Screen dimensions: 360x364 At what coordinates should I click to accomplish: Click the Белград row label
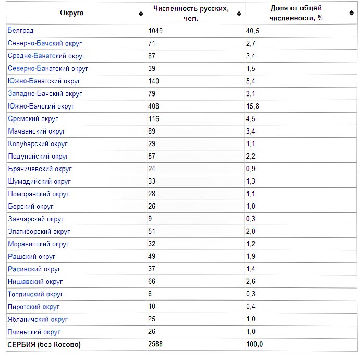20,31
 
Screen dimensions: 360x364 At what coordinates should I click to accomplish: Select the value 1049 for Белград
155,31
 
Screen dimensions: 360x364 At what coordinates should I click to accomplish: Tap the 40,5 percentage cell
253,31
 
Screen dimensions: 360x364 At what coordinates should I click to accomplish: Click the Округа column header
71,13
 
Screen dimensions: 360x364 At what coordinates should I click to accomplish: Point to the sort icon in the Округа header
141,14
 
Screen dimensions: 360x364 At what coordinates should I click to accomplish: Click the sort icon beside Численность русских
239,14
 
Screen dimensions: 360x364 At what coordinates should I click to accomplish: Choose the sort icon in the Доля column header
351,14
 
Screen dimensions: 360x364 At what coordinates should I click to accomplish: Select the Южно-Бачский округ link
41,106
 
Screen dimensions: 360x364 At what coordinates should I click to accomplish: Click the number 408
154,106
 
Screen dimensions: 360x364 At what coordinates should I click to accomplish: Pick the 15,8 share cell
253,106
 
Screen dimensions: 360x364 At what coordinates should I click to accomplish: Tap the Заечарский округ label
36,219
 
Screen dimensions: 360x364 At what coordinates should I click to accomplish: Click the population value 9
151,219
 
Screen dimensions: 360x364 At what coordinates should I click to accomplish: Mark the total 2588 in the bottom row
155,345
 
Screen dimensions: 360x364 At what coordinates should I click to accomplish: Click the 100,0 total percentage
255,345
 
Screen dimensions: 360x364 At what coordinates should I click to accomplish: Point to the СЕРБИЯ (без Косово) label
44,345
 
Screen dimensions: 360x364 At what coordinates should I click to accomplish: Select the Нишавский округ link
35,282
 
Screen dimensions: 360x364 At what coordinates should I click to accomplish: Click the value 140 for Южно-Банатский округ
154,81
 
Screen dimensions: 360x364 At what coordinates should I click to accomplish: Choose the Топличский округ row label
35,294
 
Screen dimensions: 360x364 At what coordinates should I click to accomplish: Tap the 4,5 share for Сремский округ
251,119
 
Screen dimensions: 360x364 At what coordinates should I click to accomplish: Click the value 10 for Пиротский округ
152,307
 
